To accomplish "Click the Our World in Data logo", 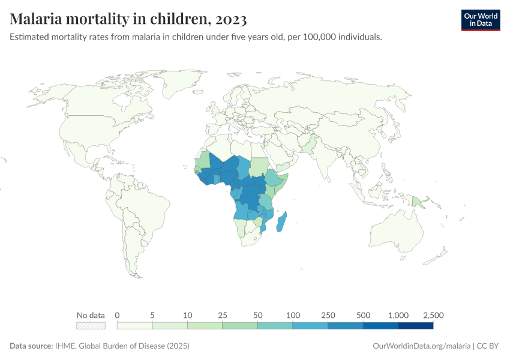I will [481, 20].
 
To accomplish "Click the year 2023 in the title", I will [228, 19].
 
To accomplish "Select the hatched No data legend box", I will [91, 325].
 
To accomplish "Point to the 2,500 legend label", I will [433, 315].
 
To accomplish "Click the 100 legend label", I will [293, 315].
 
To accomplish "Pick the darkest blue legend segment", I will [415, 325].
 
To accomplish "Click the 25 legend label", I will [223, 315].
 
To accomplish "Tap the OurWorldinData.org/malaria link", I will [422, 346].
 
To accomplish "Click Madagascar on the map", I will [281, 223].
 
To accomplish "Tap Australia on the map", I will [398, 235].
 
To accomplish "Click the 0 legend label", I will [118, 315].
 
